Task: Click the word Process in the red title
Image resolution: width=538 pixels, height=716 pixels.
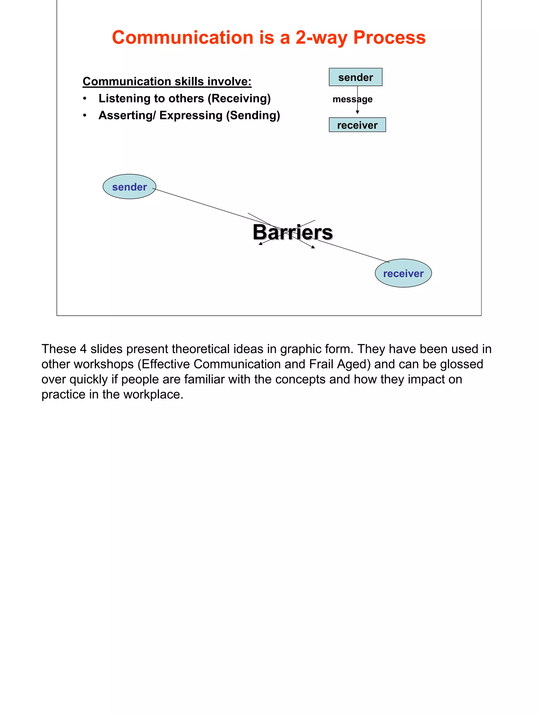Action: coord(389,38)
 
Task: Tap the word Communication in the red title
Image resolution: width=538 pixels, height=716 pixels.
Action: coord(183,38)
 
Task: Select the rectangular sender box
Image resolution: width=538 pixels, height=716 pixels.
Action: coord(355,77)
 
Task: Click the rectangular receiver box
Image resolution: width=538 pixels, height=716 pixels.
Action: coord(357,125)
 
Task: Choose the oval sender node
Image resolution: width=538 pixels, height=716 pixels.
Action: coord(130,187)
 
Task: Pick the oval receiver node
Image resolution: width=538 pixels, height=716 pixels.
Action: coord(403,273)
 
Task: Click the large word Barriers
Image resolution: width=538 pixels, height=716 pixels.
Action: coord(292,232)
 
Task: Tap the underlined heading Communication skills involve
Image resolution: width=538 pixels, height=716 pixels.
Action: coord(167,81)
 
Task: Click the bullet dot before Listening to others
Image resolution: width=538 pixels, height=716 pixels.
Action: coord(85,98)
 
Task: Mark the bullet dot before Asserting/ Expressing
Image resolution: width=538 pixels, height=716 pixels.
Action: coord(85,116)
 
